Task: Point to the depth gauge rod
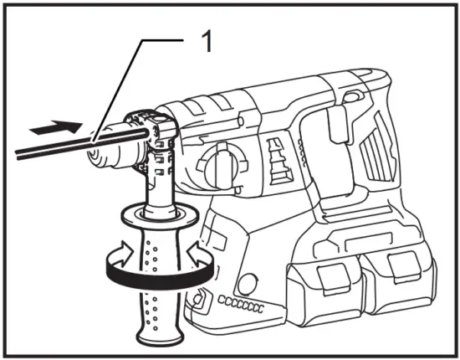click(50, 149)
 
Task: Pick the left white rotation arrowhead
click(121, 252)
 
